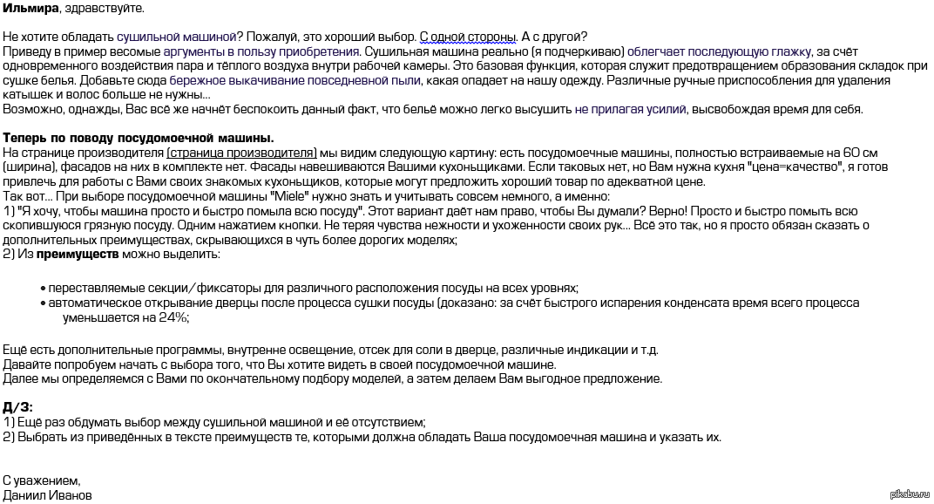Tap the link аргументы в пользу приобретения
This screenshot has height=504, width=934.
point(261,51)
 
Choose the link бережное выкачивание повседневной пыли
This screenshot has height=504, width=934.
point(301,80)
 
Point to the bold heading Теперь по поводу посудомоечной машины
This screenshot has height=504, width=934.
point(139,138)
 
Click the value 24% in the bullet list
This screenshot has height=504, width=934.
point(173,317)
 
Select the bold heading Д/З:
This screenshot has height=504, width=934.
point(18,407)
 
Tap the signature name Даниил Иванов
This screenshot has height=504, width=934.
point(47,495)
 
